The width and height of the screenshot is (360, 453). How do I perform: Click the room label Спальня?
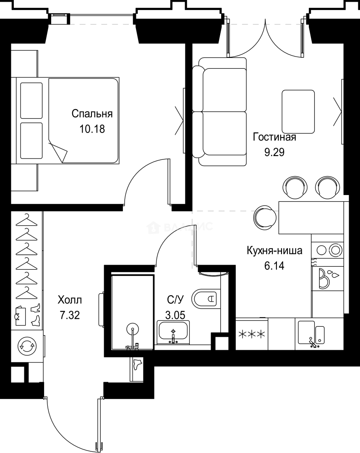pyautogui.click(x=92, y=114)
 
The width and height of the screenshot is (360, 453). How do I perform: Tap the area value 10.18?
pyautogui.click(x=92, y=128)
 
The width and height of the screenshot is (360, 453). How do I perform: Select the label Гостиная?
pyautogui.click(x=274, y=138)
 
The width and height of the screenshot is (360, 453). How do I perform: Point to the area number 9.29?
pyautogui.click(x=274, y=152)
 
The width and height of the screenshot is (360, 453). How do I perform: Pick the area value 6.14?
pyautogui.click(x=274, y=266)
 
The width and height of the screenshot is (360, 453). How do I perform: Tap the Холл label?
pyautogui.click(x=70, y=300)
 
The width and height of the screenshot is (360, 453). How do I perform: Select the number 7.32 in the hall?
pyautogui.click(x=70, y=315)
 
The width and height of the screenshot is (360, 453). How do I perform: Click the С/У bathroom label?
pyautogui.click(x=175, y=299)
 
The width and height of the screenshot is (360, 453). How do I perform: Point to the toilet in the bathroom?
pyautogui.click(x=206, y=299)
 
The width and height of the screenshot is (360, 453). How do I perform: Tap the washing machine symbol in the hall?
pyautogui.click(x=27, y=346)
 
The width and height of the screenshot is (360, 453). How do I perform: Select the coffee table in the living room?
pyautogui.click(x=298, y=112)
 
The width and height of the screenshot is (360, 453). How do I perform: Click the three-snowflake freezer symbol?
pyautogui.click(x=252, y=334)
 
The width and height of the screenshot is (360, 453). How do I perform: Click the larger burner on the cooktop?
pyautogui.click(x=336, y=250)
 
